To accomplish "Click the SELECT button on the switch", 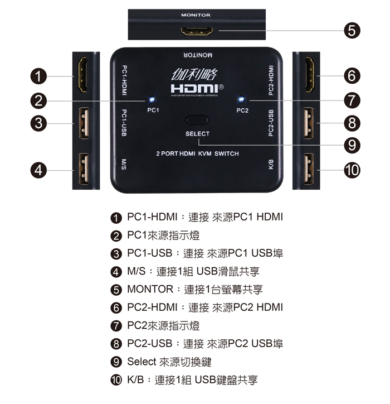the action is click(x=197, y=120).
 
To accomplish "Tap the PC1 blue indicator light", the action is click(x=152, y=99).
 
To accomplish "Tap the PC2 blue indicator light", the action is click(x=241, y=99).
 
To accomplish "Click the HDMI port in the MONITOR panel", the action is click(x=197, y=31).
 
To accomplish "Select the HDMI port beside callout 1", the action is click(x=82, y=75).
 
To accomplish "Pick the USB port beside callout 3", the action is click(x=84, y=123).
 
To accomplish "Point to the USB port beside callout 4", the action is click(x=84, y=169).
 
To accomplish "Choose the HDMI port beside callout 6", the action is click(x=310, y=75).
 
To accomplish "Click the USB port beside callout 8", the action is click(x=309, y=123).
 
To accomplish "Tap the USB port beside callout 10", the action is click(x=309, y=169).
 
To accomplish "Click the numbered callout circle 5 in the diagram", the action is click(x=352, y=30).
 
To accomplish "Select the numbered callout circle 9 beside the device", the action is click(x=352, y=145).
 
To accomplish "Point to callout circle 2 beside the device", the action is click(x=38, y=100).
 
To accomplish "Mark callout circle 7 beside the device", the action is click(x=352, y=100).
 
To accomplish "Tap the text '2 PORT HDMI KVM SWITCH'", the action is click(x=197, y=153).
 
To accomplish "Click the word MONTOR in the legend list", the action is click(x=150, y=289).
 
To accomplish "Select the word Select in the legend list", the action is click(x=142, y=362).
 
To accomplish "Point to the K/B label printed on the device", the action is click(x=271, y=165).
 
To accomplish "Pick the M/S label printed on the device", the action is click(x=124, y=165).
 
